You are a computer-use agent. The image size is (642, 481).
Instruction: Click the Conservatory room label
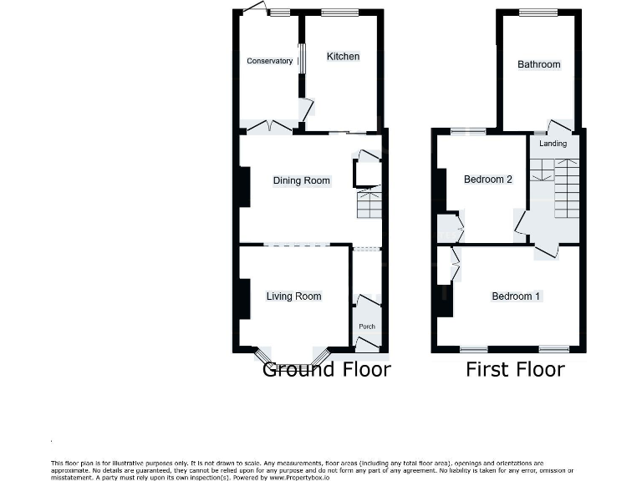(269, 61)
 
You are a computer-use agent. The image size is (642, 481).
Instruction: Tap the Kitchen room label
(343, 57)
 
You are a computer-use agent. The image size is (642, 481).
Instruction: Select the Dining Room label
(301, 180)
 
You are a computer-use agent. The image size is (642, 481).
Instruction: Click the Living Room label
(293, 296)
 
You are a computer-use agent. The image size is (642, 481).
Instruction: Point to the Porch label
(366, 327)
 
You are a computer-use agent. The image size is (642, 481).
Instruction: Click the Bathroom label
(538, 64)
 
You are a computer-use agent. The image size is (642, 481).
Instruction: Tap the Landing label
(553, 144)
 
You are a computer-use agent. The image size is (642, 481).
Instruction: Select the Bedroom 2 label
(488, 180)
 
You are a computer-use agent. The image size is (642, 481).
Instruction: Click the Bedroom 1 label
(516, 296)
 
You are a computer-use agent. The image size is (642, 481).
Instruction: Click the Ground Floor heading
(326, 369)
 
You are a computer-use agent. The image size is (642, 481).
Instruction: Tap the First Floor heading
(515, 369)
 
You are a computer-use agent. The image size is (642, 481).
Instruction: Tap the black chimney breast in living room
(243, 298)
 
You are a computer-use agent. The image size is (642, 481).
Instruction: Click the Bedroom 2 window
(468, 131)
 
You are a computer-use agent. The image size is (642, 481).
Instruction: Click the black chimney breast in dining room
(243, 186)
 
